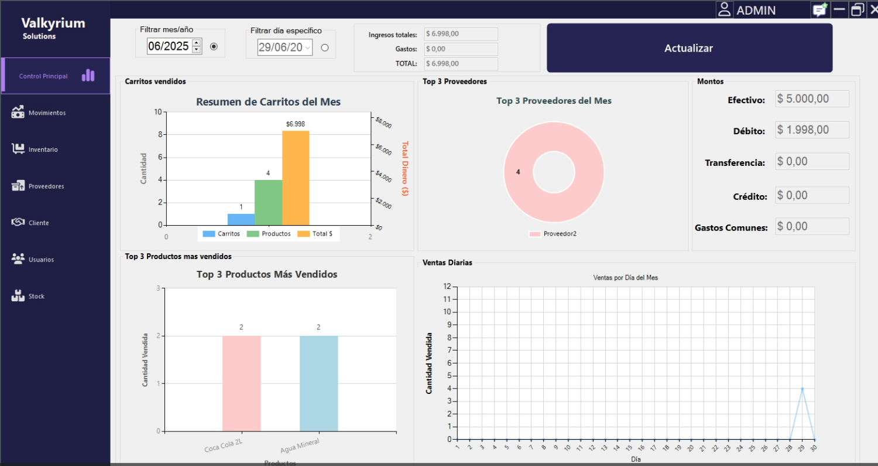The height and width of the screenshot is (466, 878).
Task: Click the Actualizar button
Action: click(x=689, y=48)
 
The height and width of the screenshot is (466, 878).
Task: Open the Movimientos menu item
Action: click(x=47, y=113)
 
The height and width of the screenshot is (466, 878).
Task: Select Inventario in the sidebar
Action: click(x=43, y=149)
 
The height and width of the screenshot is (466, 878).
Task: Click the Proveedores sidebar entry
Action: click(x=46, y=186)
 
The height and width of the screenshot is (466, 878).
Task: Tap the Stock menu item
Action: click(x=36, y=296)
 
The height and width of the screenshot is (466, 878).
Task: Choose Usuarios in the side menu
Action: click(x=41, y=260)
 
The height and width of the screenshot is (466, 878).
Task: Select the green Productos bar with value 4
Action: click(x=268, y=202)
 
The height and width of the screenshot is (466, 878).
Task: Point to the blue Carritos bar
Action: click(x=241, y=219)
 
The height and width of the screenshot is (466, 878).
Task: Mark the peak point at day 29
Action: click(x=802, y=389)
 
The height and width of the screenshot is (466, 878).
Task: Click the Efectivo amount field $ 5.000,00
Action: click(x=812, y=99)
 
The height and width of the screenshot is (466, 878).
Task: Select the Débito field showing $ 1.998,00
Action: click(x=812, y=130)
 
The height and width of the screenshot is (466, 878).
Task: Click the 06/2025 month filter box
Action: click(x=169, y=46)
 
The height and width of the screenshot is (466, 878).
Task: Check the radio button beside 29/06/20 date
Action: click(x=325, y=48)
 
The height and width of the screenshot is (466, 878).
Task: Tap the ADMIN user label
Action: click(x=756, y=11)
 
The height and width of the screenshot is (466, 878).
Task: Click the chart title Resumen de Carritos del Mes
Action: click(x=268, y=102)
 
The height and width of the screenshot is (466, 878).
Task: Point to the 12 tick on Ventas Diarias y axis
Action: click(x=447, y=286)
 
